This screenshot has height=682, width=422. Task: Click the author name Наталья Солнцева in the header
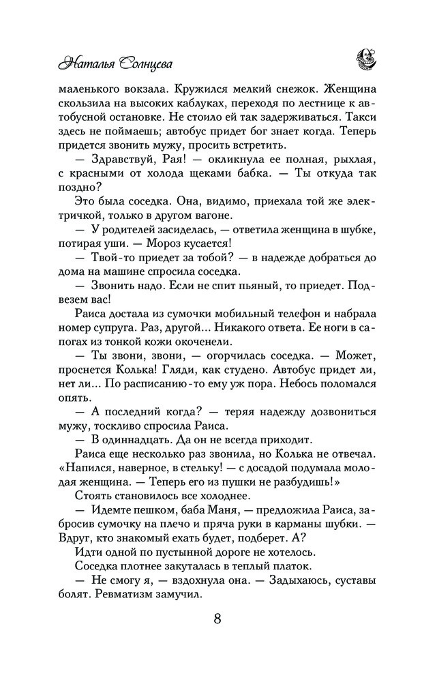tap(114, 63)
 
